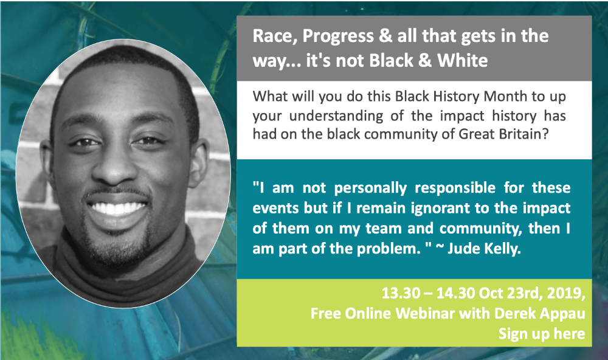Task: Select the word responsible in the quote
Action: pyautogui.click(x=455, y=188)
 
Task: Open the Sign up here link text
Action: pyautogui.click(x=542, y=334)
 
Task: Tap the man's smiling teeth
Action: pyautogui.click(x=117, y=208)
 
